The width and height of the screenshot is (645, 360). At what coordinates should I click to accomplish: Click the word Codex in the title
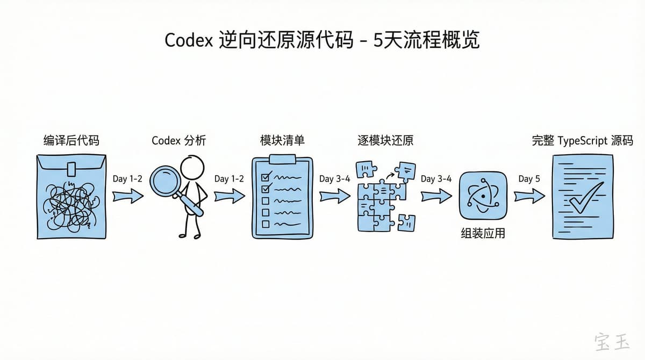pos(189,41)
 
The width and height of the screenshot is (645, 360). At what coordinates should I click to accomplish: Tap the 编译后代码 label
pos(71,141)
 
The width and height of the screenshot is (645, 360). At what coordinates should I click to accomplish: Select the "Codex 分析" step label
pos(179,141)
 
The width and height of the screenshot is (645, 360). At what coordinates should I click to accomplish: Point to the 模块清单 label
pos(282,141)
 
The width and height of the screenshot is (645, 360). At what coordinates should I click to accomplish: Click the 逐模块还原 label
pos(385,141)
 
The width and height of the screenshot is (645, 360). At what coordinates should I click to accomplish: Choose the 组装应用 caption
pos(483,234)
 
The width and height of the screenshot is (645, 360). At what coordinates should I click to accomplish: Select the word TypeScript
pos(583,141)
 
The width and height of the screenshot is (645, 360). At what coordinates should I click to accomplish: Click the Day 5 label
pos(529,179)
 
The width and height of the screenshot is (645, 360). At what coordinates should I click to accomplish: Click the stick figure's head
pos(192,168)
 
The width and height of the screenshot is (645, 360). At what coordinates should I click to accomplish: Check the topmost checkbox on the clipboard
pos(265,177)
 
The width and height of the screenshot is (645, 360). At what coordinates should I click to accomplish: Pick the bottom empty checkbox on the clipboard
pos(265,224)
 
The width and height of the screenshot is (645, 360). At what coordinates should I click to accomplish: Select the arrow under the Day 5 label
pos(529,197)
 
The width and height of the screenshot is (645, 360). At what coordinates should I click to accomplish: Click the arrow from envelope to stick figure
pos(128,197)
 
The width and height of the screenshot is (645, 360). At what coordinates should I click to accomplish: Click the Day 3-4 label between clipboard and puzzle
pos(334,179)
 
